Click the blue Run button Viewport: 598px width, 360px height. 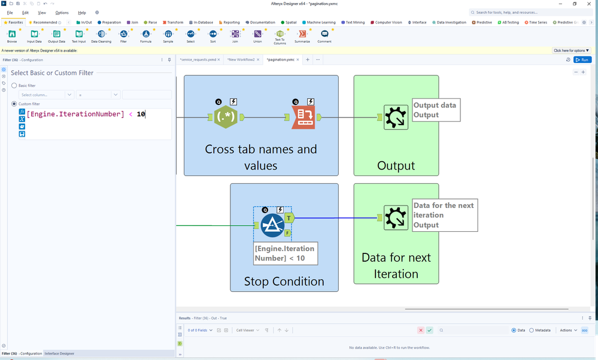pyautogui.click(x=582, y=60)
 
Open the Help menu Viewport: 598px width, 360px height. pyautogui.click(x=82, y=13)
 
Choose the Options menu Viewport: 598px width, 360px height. pyautogui.click(x=62, y=13)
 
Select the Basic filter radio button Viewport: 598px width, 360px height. pyautogui.click(x=14, y=86)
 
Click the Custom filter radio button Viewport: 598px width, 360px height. pyautogui.click(x=14, y=104)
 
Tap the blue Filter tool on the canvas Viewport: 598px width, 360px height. pyautogui.click(x=272, y=225)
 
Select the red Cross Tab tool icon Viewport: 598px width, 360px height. pyautogui.click(x=303, y=117)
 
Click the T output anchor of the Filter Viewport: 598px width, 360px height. pyautogui.click(x=289, y=218)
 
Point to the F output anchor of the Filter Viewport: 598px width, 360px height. pyautogui.click(x=289, y=232)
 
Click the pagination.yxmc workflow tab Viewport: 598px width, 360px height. pyautogui.click(x=281, y=60)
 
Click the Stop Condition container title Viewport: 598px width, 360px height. pyautogui.click(x=284, y=281)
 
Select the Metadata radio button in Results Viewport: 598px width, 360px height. pyautogui.click(x=532, y=330)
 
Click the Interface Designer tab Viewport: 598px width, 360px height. pyautogui.click(x=60, y=354)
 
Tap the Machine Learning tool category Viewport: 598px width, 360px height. pyautogui.click(x=321, y=22)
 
